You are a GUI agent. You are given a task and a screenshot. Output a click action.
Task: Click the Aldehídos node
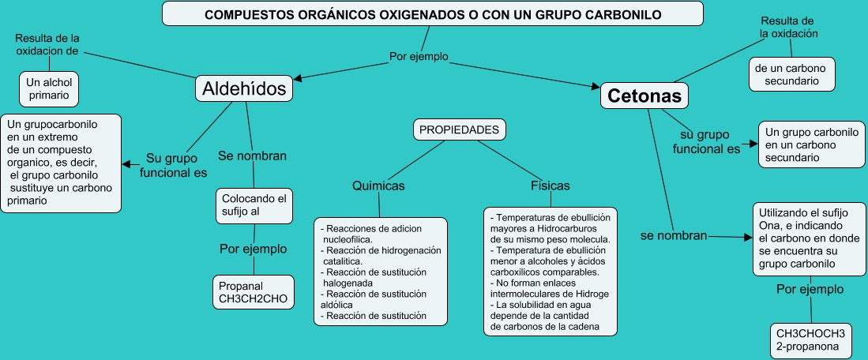tap(244, 88)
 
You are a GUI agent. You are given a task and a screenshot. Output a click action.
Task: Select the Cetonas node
tap(644, 96)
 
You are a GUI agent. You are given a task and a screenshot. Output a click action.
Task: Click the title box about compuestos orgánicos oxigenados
tap(433, 14)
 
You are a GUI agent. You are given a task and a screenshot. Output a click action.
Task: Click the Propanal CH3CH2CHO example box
tap(254, 291)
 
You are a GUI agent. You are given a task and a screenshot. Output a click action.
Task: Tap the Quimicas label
tap(378, 186)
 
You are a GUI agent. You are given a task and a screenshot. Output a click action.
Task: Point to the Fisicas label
tap(550, 186)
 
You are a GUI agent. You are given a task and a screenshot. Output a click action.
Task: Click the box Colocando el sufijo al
tap(254, 204)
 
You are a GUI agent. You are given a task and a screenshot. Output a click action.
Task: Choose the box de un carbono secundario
tap(791, 74)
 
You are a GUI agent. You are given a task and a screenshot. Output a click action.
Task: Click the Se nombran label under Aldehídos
tap(252, 156)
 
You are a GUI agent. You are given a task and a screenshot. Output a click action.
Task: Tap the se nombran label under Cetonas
tap(673, 235)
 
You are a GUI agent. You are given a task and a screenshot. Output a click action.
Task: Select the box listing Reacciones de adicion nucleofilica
tap(381, 272)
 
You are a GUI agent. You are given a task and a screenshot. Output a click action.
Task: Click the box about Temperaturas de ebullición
tap(550, 271)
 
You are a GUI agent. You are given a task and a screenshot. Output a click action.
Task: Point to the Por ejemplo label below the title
tap(419, 56)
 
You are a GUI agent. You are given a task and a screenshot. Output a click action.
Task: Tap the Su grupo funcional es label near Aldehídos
tap(174, 164)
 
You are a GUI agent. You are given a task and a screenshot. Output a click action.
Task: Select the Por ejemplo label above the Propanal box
tap(253, 249)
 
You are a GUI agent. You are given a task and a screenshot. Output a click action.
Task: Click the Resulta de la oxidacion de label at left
tap(47, 44)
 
